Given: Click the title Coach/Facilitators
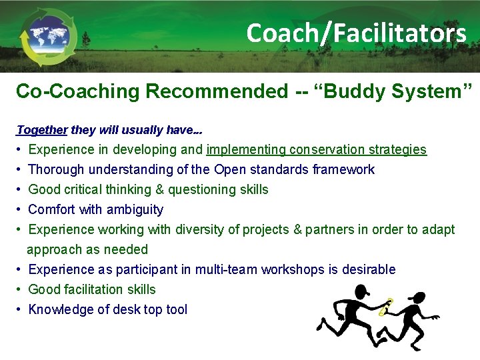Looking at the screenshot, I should click(x=356, y=33).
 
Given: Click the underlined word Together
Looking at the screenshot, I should click(x=41, y=130).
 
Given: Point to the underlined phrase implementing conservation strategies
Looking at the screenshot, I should click(x=317, y=149).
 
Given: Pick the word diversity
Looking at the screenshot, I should click(x=199, y=229).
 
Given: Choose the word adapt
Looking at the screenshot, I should click(x=439, y=229).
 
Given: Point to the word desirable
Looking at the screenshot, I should click(x=369, y=269).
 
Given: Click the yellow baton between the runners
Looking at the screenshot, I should click(x=385, y=307).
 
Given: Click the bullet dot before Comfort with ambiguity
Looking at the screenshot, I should click(x=20, y=209).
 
